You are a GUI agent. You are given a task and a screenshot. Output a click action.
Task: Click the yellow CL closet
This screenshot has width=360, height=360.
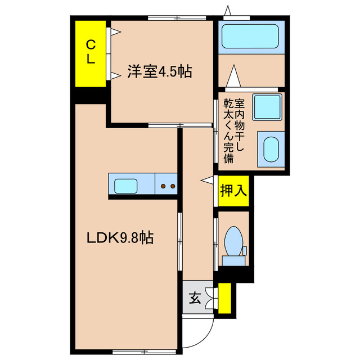coord(91,53)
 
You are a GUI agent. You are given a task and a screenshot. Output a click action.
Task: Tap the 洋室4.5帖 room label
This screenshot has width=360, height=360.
coord(151,72)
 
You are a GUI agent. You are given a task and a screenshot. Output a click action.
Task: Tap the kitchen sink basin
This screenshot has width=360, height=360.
coord(130,184)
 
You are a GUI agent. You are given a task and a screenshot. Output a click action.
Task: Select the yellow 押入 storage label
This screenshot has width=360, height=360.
coord(233,191)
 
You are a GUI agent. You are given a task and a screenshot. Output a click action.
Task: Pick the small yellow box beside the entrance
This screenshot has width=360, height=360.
coord(225,298)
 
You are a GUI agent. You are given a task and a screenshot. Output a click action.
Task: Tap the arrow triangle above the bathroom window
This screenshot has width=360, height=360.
coord(228,10)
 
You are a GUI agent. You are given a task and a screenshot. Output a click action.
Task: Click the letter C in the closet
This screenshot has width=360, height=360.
coord(91,43)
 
